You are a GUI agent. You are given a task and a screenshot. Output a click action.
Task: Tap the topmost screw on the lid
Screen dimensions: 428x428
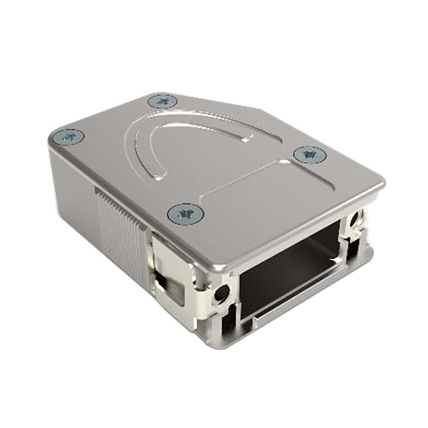click(x=161, y=102)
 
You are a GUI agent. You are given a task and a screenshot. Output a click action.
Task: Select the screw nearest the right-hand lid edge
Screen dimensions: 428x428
click(x=308, y=154)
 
